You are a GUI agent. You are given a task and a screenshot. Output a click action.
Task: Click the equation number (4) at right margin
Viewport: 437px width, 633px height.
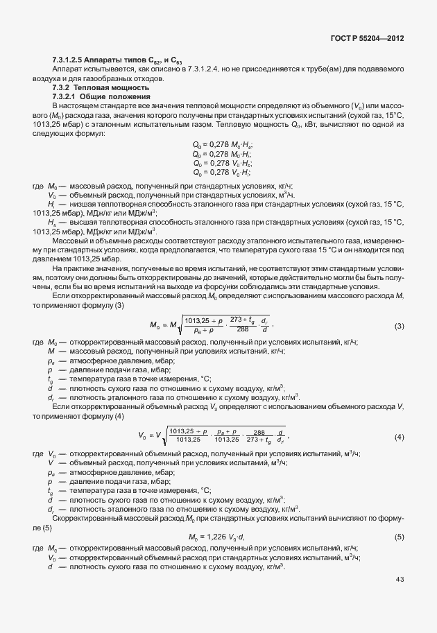pos(400,437)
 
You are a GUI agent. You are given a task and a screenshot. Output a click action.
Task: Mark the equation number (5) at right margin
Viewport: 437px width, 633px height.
pos(400,537)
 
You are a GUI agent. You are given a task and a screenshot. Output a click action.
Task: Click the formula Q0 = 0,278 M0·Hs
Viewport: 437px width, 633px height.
pos(221,144)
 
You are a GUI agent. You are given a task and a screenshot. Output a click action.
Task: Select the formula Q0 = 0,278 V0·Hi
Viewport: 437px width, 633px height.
pos(221,173)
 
